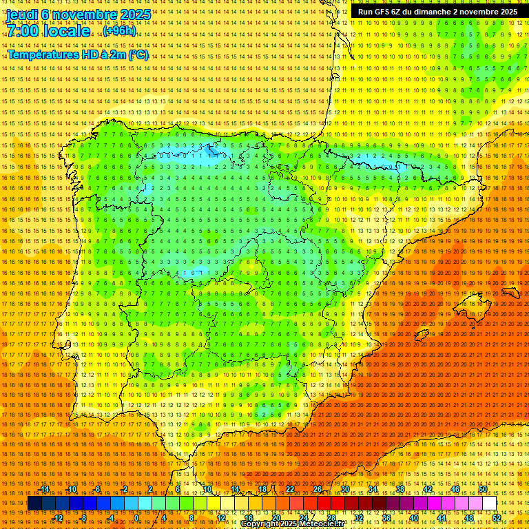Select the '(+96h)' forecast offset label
[119, 31]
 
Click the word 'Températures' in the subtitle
[43, 54]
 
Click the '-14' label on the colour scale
[44, 489]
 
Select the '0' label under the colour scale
[136, 518]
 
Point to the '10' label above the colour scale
[207, 489]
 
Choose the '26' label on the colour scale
[317, 489]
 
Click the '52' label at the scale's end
[497, 518]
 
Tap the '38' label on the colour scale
[400, 489]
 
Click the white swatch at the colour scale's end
[489, 504]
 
